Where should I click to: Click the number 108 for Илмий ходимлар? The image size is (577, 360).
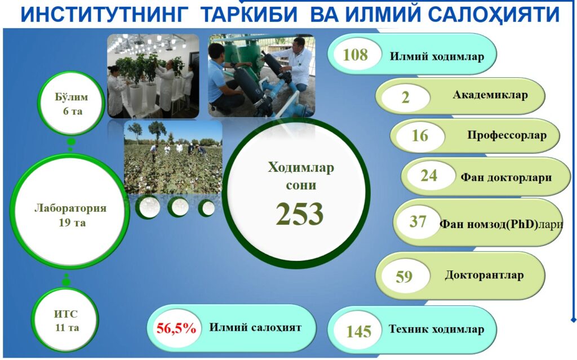pyautogui.click(x=355, y=55)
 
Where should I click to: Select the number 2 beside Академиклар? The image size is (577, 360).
pyautogui.click(x=405, y=97)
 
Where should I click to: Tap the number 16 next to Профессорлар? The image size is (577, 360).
pyautogui.click(x=420, y=136)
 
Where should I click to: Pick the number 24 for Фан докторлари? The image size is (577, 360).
pyautogui.click(x=429, y=176)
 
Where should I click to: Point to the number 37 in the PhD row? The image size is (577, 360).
pyautogui.click(x=418, y=221)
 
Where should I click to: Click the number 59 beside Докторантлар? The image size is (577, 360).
pyautogui.click(x=404, y=277)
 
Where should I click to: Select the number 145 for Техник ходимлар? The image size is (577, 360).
pyautogui.click(x=358, y=332)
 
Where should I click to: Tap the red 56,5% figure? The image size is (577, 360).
pyautogui.click(x=176, y=328)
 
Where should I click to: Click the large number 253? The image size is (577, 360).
pyautogui.click(x=300, y=214)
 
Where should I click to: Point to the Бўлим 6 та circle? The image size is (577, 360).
pyautogui.click(x=72, y=104)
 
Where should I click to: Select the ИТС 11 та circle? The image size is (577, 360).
pyautogui.click(x=66, y=320)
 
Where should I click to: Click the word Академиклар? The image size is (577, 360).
pyautogui.click(x=490, y=95)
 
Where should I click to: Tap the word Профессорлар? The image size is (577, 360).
pyautogui.click(x=507, y=135)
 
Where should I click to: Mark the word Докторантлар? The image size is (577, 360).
pyautogui.click(x=484, y=275)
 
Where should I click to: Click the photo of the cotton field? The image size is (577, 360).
pyautogui.click(x=173, y=157)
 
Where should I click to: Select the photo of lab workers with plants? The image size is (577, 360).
pyautogui.click(x=153, y=76)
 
